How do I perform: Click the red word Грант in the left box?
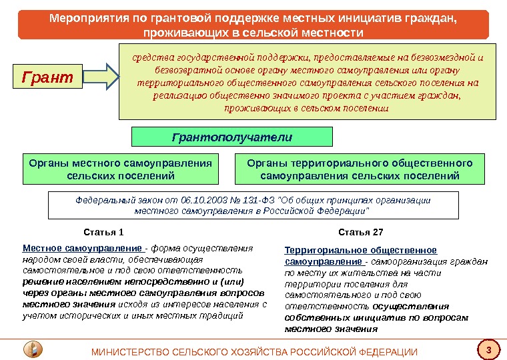47,77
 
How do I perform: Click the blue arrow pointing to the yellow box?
101,77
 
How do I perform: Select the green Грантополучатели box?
232,137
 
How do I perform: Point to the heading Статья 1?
103,233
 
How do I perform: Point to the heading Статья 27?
360,233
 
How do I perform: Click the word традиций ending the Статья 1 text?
225,315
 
